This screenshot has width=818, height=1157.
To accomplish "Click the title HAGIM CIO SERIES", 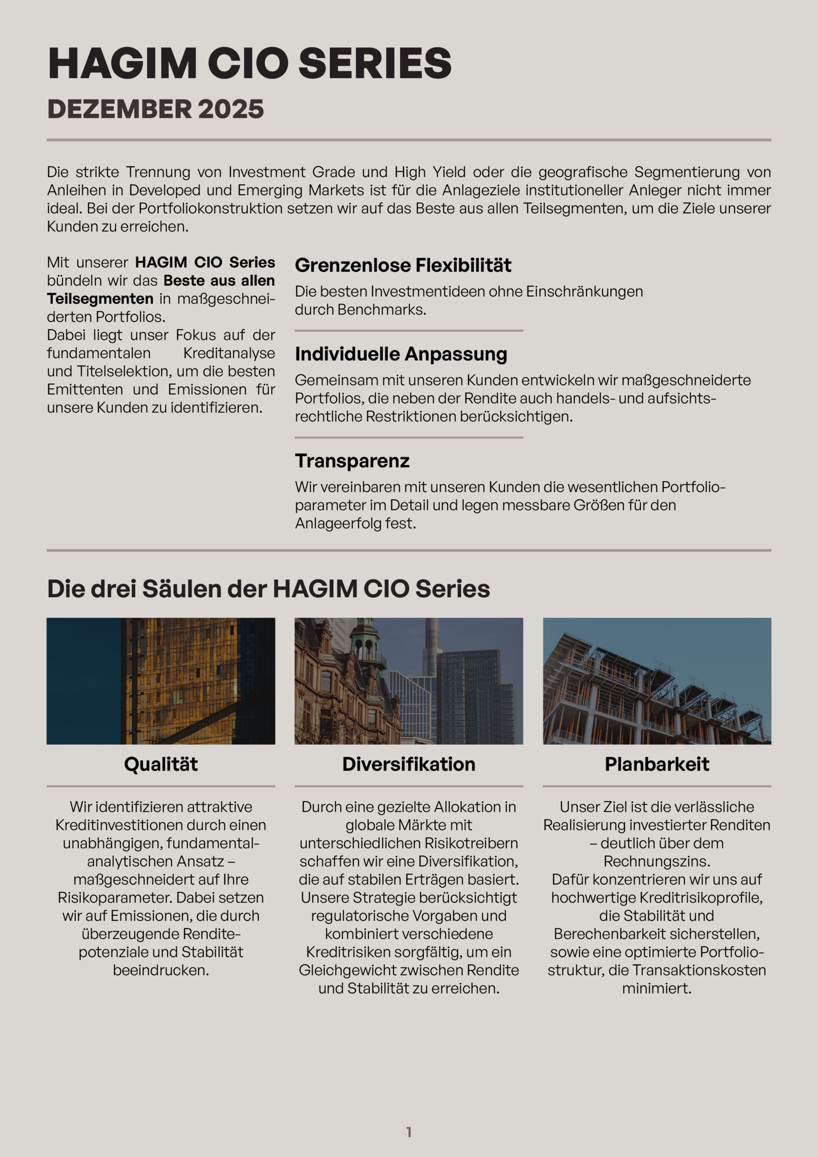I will point(249,63).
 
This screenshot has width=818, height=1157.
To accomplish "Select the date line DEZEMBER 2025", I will point(155,109).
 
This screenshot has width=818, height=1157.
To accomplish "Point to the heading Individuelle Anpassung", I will point(401,354).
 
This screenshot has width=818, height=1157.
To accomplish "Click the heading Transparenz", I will point(352,461).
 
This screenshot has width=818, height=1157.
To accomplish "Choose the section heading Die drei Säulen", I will point(268,588).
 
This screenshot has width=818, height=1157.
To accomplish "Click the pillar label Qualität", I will point(161,764).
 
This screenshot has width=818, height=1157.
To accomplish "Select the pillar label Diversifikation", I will point(409,764).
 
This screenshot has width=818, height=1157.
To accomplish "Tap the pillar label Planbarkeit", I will point(657,764).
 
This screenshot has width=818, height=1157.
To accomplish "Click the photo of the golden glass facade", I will point(161,681).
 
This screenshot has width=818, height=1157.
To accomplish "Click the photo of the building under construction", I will point(657,681).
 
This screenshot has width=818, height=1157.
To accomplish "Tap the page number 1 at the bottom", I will point(409,1132).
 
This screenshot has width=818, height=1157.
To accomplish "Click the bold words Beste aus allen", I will point(219,280).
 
